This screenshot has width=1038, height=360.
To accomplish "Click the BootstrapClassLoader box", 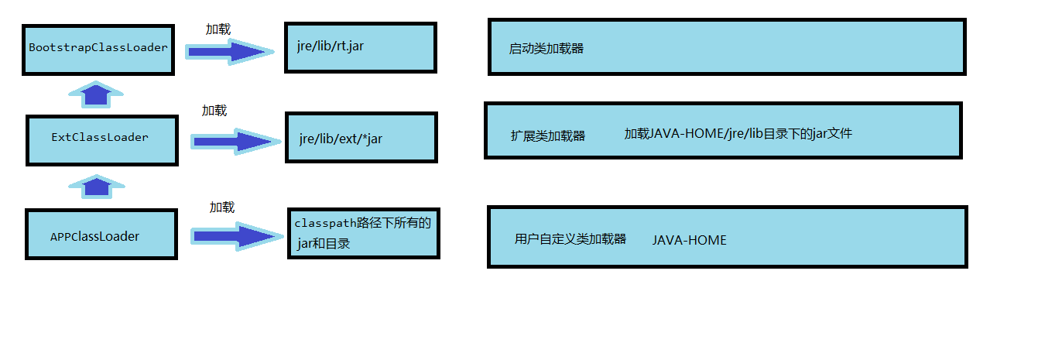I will pyautogui.click(x=98, y=48).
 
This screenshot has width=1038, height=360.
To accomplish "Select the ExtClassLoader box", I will pyautogui.click(x=101, y=139).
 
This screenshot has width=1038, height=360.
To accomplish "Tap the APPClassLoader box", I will pyautogui.click(x=101, y=235).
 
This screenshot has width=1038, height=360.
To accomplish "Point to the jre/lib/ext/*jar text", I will pyautogui.click(x=341, y=139).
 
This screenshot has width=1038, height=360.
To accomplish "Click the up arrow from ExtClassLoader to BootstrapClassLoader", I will pyautogui.click(x=97, y=94).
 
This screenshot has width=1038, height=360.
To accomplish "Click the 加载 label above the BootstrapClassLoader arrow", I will pyautogui.click(x=218, y=29).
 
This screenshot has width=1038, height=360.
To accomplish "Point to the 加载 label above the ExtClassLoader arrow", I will pyautogui.click(x=214, y=111).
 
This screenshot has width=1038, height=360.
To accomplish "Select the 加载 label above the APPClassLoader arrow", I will pyautogui.click(x=221, y=207).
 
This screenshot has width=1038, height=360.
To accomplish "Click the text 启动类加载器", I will pyautogui.click(x=546, y=49).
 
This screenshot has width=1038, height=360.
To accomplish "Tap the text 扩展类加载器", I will pyautogui.click(x=547, y=136).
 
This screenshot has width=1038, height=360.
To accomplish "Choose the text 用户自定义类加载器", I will pyautogui.click(x=570, y=239).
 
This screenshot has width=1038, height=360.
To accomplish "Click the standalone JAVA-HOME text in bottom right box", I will pyautogui.click(x=689, y=240).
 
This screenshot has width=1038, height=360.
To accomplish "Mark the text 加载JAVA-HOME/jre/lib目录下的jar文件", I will pyautogui.click(x=738, y=134).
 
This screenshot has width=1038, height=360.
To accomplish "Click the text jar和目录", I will pyautogui.click(x=324, y=244).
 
